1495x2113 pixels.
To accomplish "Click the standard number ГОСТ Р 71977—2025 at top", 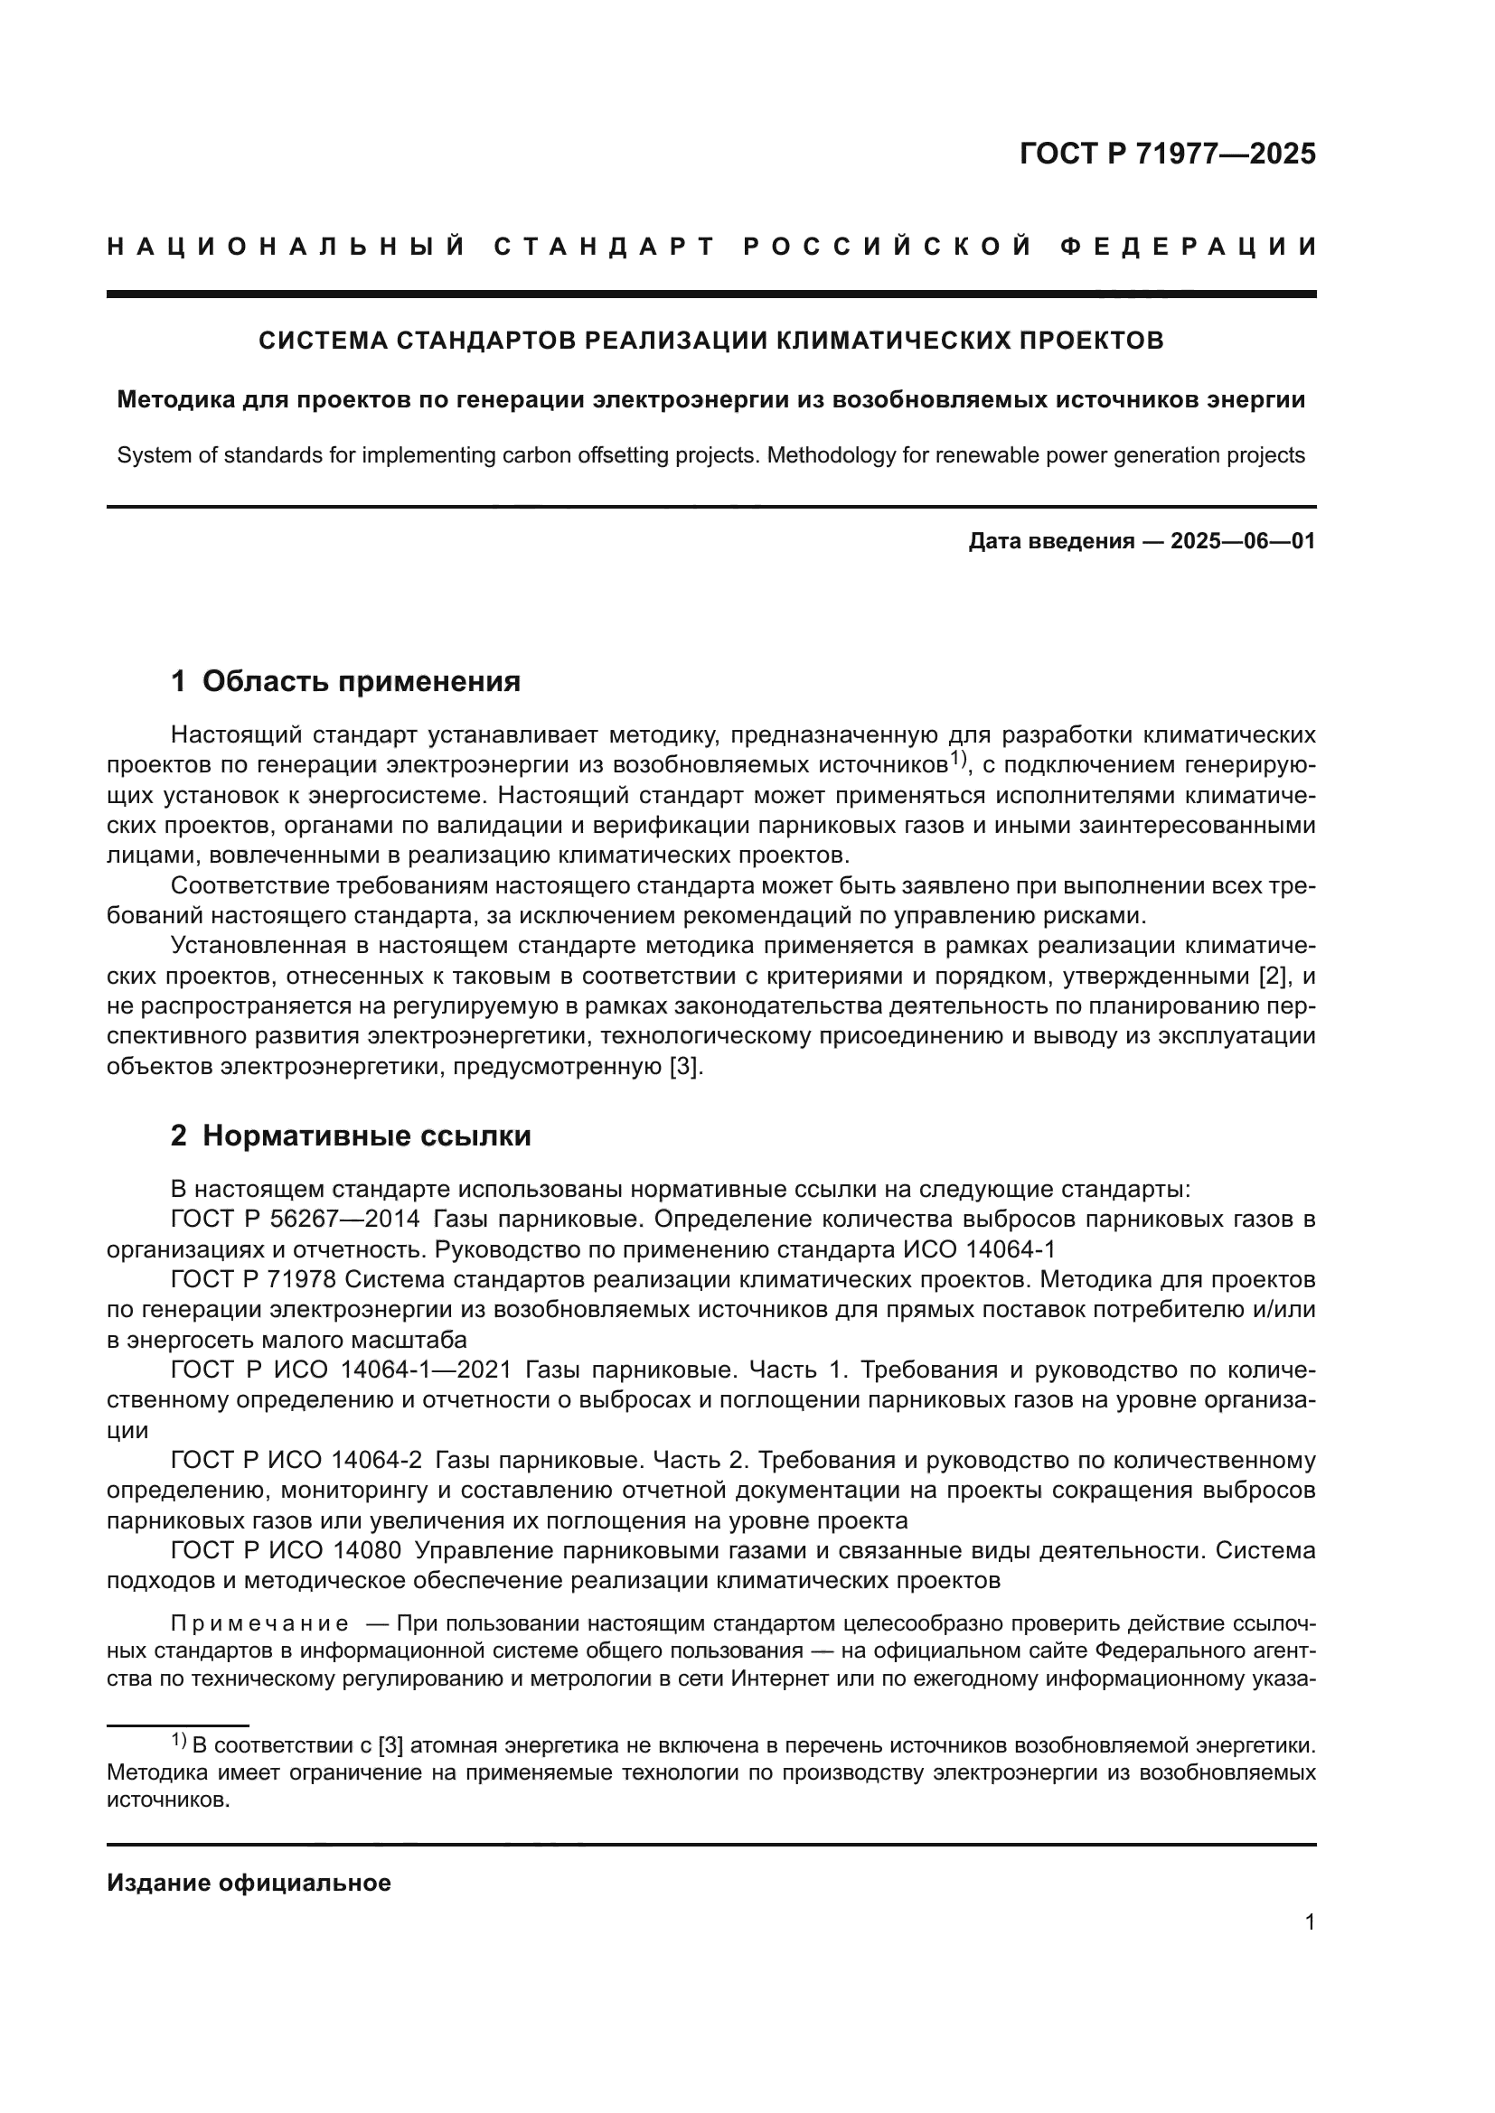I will click(x=1167, y=154).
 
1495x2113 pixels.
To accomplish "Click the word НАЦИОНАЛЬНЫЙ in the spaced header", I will click(x=287, y=247).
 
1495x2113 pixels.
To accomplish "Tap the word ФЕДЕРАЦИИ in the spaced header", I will click(x=1188, y=247).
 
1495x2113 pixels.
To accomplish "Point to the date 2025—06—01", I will click(x=1243, y=541).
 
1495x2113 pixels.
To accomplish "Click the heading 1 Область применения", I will click(x=345, y=682).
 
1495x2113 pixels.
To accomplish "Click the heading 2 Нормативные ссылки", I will click(x=351, y=1136).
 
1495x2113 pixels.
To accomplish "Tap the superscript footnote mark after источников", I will click(x=957, y=759).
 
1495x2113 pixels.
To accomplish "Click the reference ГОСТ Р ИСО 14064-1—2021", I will click(x=341, y=1370).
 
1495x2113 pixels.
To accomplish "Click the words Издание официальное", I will click(x=249, y=1884).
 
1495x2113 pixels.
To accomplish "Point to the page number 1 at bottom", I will click(x=1310, y=1922).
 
